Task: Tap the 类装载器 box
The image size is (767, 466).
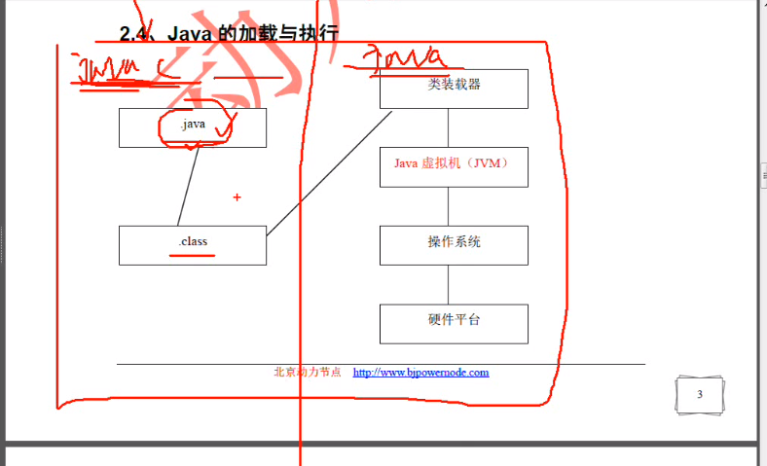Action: [x=454, y=88]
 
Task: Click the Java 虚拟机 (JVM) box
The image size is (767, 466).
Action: [x=454, y=165]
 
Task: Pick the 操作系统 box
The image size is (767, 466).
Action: [x=454, y=244]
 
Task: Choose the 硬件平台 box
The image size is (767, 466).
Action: [x=454, y=323]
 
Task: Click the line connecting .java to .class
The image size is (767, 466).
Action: [x=189, y=187]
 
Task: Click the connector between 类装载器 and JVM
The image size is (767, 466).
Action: [x=449, y=126]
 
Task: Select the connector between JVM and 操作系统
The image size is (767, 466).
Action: [x=449, y=205]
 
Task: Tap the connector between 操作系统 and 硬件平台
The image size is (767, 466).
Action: [x=449, y=284]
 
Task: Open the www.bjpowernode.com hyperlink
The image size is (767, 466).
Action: [x=420, y=373]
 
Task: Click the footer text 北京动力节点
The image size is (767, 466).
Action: [x=308, y=373]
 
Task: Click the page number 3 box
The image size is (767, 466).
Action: [x=700, y=395]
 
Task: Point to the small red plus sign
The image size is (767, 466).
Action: [x=237, y=197]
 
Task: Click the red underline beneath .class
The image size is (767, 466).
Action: [x=193, y=256]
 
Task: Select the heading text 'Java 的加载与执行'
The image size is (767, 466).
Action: [x=252, y=34]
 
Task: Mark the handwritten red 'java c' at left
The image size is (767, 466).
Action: [x=122, y=71]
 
